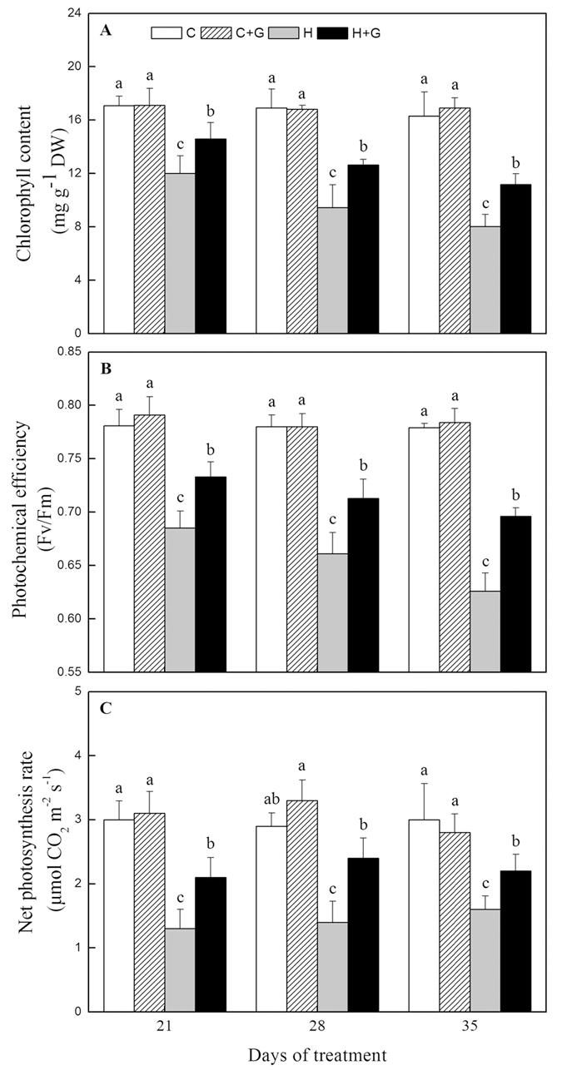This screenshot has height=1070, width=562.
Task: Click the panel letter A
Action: [106, 31]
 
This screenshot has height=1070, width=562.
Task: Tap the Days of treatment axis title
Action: [317, 1055]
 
